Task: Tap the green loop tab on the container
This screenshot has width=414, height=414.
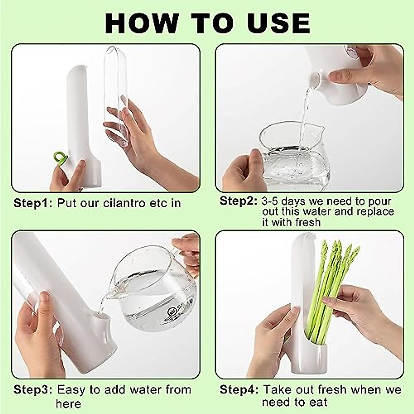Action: pyautogui.click(x=61, y=158)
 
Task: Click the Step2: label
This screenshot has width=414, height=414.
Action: pyautogui.click(x=238, y=201)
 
